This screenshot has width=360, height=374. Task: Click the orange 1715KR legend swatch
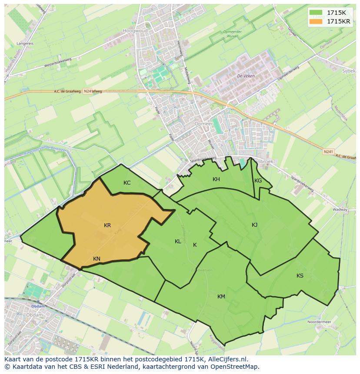316,21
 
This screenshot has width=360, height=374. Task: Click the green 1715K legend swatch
316,13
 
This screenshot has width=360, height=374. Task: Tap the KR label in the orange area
107,225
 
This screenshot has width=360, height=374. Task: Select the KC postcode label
127,183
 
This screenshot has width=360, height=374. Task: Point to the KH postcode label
216,179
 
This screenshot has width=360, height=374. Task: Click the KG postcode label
258,181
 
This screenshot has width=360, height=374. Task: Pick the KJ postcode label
254,225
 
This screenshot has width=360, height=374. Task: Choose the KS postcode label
300,276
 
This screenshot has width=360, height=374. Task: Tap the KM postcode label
221,297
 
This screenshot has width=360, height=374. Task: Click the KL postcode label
178,242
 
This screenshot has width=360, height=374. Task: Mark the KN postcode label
97,259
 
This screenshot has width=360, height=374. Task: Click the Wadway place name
340,209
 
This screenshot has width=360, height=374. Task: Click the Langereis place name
25,43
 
